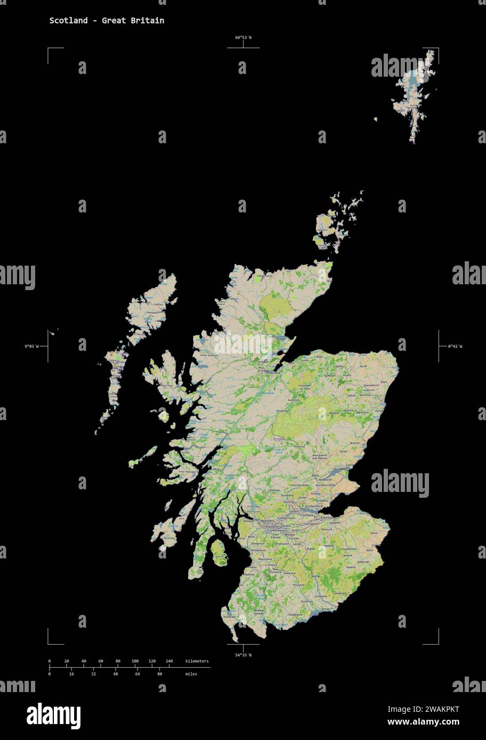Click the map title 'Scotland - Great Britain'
[x=107, y=21]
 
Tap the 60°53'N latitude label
[x=243, y=38]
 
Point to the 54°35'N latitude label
[x=243, y=654]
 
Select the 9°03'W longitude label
[x=31, y=347]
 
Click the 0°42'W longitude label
[x=455, y=347]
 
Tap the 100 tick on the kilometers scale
[x=135, y=661]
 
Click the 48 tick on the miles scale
[x=115, y=674]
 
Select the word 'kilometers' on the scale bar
[x=197, y=661]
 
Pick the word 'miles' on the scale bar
[x=191, y=674]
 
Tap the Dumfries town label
[x=306, y=602]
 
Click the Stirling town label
[x=289, y=502]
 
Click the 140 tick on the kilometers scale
[x=169, y=661]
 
